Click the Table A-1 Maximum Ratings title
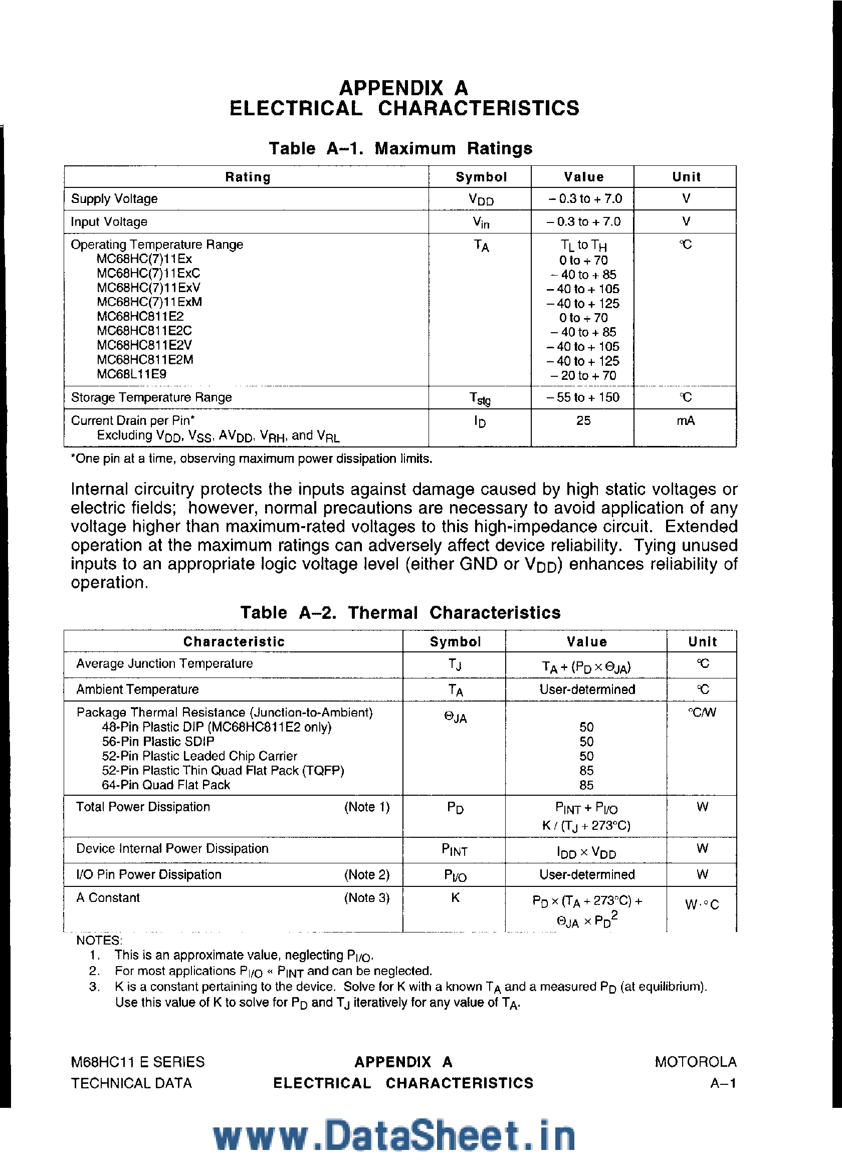400,148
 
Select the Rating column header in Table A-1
248,177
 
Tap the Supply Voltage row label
114,198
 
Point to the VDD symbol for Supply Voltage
481,199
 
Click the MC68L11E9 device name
131,374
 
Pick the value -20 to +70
583,375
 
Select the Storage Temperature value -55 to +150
583,397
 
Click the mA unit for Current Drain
686,421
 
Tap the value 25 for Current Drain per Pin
583,421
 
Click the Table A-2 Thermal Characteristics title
400,612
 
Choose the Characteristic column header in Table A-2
234,641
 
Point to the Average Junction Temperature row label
164,663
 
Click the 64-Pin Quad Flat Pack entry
166,785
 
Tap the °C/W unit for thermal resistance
702,713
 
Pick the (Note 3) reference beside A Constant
366,897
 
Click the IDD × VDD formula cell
586,852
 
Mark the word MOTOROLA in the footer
695,1062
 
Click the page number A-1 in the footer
723,1083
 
